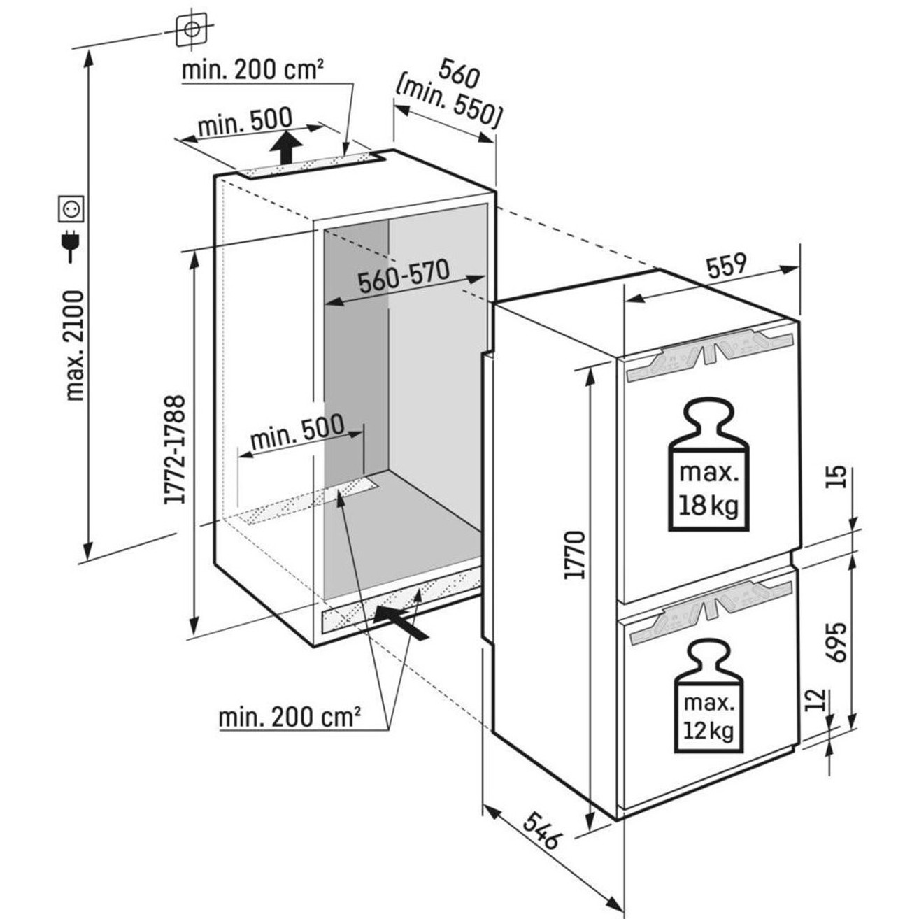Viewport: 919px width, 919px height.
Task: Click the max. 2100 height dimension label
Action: [74, 345]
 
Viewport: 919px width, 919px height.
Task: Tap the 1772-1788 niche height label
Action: [174, 449]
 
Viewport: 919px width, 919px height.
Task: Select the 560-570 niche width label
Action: [403, 277]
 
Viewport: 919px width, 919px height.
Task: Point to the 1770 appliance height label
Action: [574, 555]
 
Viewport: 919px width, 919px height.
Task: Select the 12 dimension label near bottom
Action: [815, 700]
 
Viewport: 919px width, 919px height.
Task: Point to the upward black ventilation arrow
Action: [286, 148]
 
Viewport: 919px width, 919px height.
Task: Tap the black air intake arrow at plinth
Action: [399, 622]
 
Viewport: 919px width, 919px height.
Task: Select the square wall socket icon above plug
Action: [71, 208]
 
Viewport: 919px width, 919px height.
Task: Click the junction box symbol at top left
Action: [190, 29]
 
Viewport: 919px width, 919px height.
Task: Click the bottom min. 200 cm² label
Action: [290, 717]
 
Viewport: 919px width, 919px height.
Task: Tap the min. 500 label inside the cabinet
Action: [297, 433]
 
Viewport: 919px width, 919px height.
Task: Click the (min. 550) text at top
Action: [448, 106]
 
